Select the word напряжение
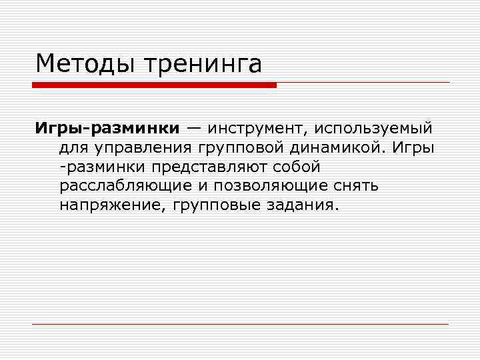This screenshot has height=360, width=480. point(113,204)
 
